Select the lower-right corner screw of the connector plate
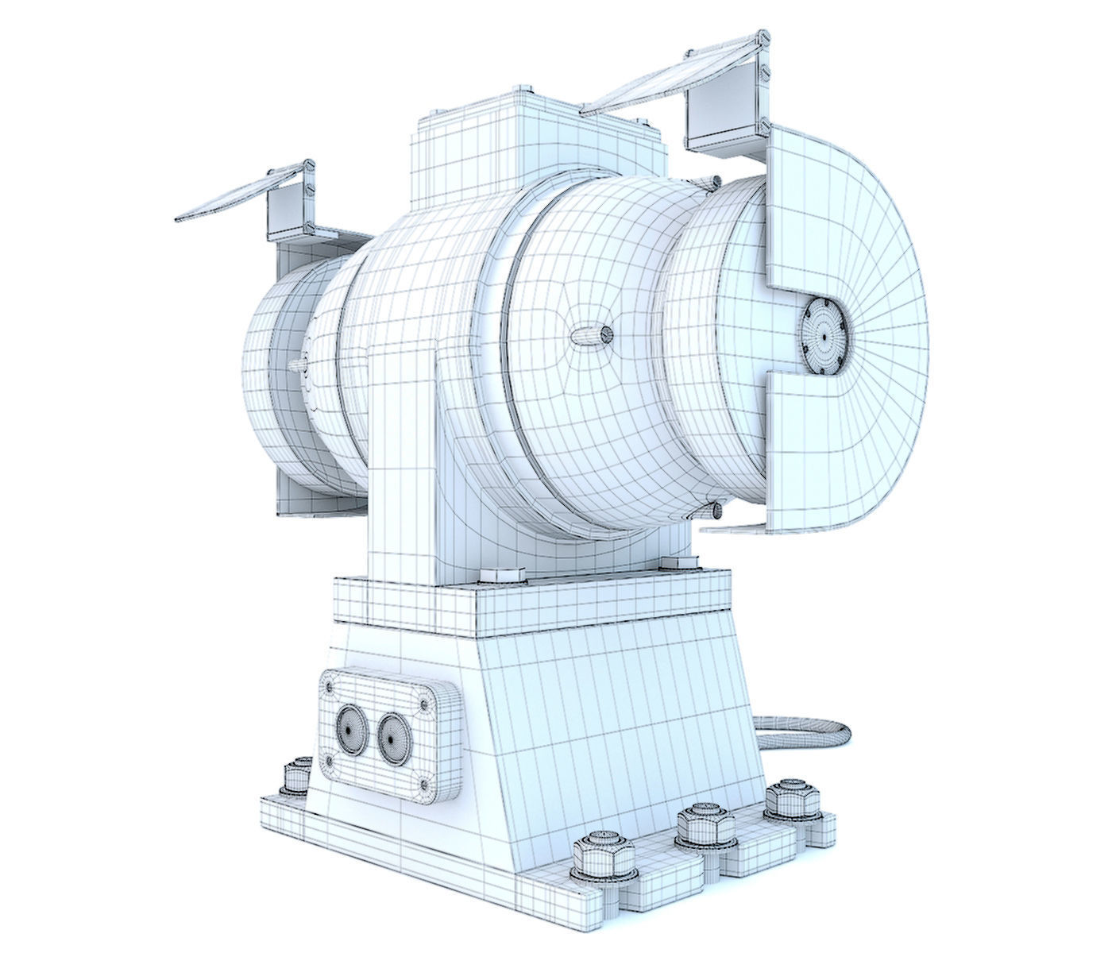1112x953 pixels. pyautogui.click(x=426, y=787)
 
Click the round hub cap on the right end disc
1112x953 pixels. pyautogui.click(x=824, y=337)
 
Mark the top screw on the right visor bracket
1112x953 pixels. pyautogui.click(x=764, y=37)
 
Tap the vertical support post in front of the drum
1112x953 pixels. pyautogui.click(x=401, y=469)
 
